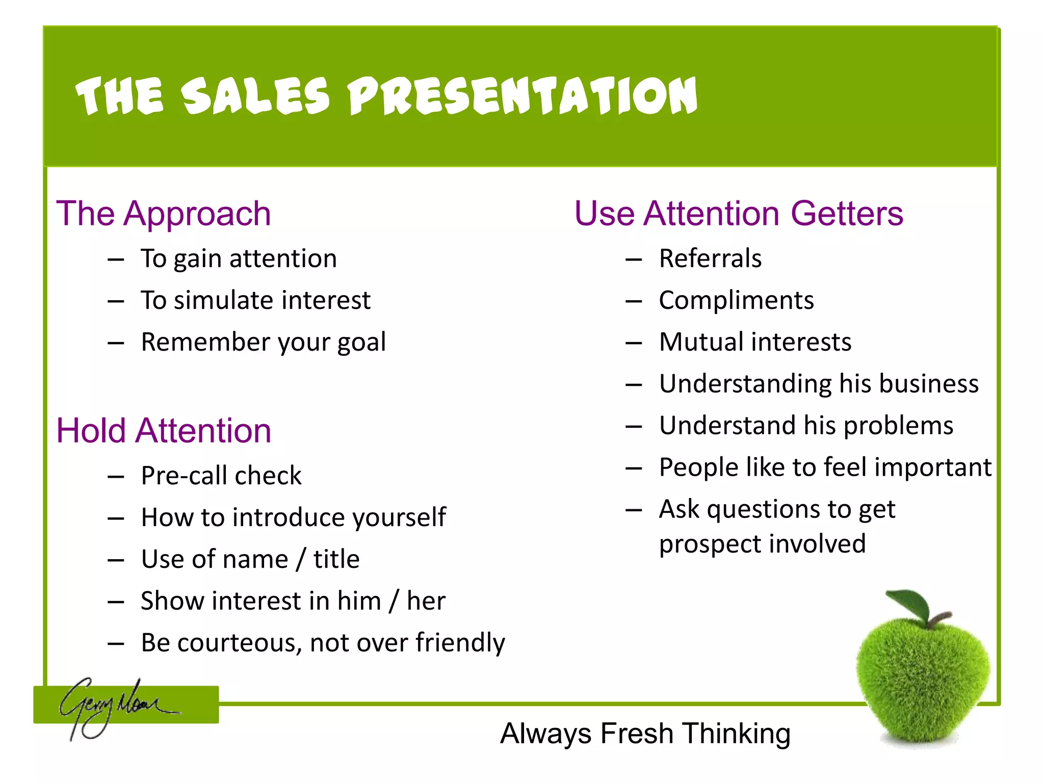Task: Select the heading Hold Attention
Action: (164, 431)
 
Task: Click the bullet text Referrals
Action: (710, 258)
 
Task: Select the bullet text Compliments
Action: (736, 300)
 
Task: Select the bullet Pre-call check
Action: (221, 476)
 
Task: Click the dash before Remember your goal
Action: (116, 343)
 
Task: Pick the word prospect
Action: (703, 544)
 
